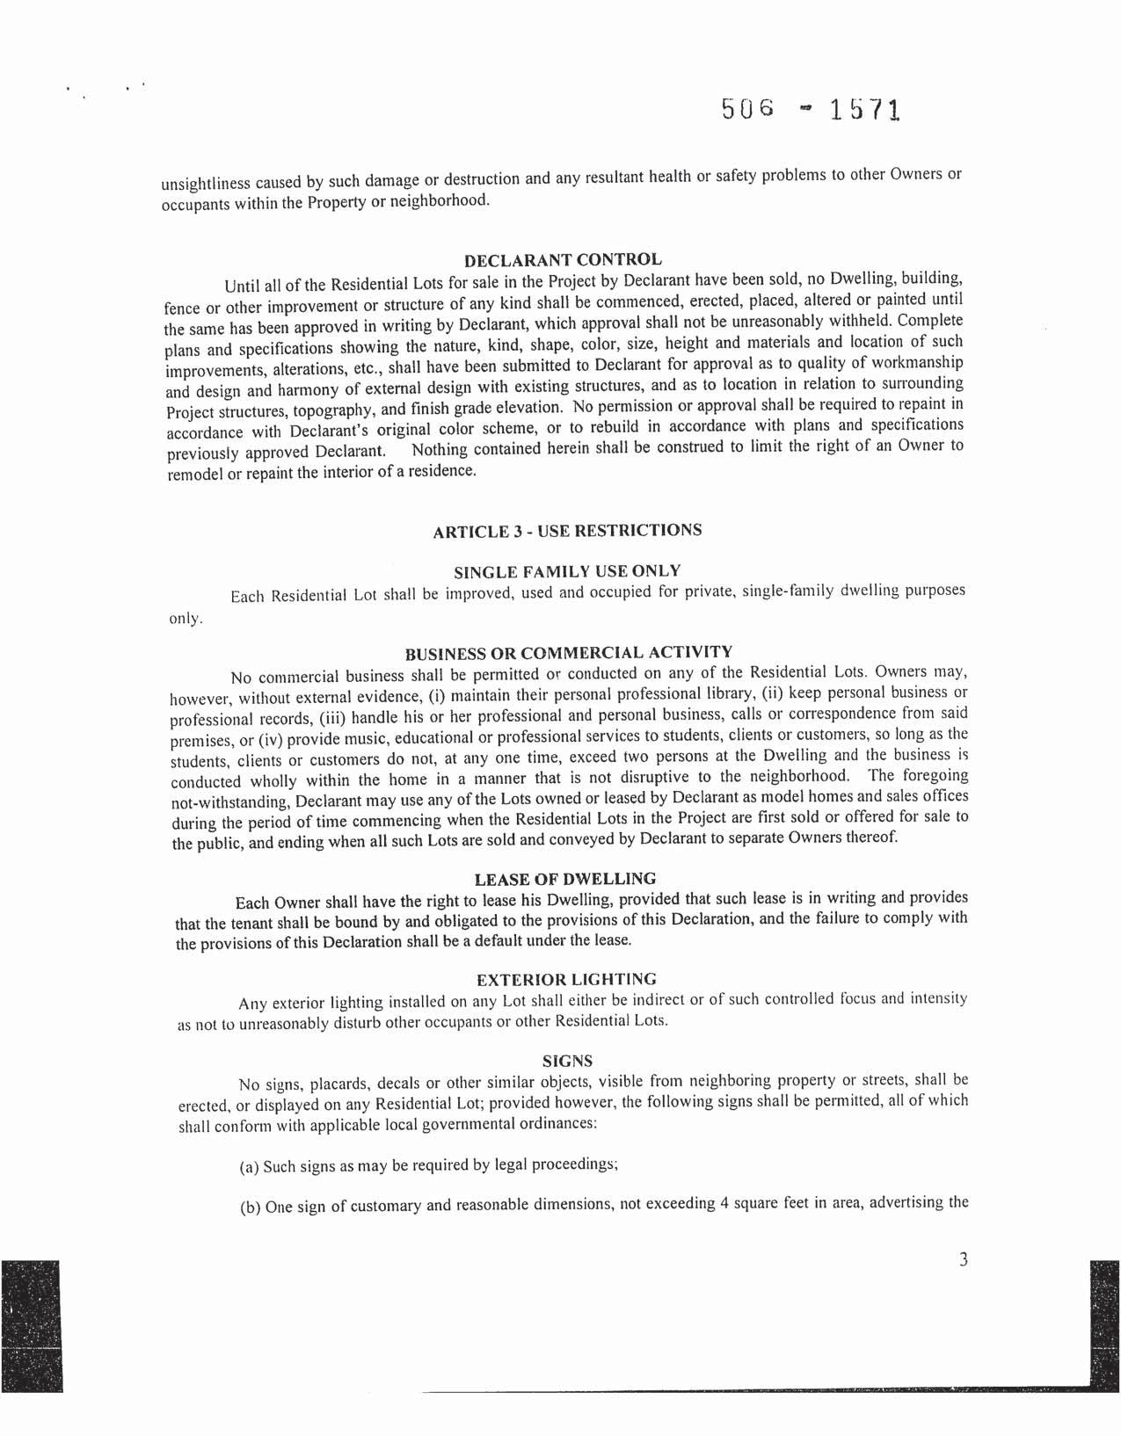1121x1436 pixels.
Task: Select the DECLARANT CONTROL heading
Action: tap(563, 260)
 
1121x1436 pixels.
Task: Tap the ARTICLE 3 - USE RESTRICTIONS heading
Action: tap(568, 531)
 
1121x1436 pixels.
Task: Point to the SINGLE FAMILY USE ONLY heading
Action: tap(567, 572)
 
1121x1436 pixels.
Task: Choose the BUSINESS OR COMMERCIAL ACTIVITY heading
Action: tap(568, 653)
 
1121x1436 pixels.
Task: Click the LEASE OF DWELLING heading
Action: tap(565, 879)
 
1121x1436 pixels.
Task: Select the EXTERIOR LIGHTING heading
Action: tap(566, 979)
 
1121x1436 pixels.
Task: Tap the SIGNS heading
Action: tap(567, 1061)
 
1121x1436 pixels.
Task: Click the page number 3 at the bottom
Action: tap(963, 1260)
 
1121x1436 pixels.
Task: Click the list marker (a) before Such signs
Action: tap(249, 1168)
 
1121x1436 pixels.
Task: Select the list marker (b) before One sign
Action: tap(250, 1208)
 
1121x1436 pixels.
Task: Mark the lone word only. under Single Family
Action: tap(186, 619)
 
